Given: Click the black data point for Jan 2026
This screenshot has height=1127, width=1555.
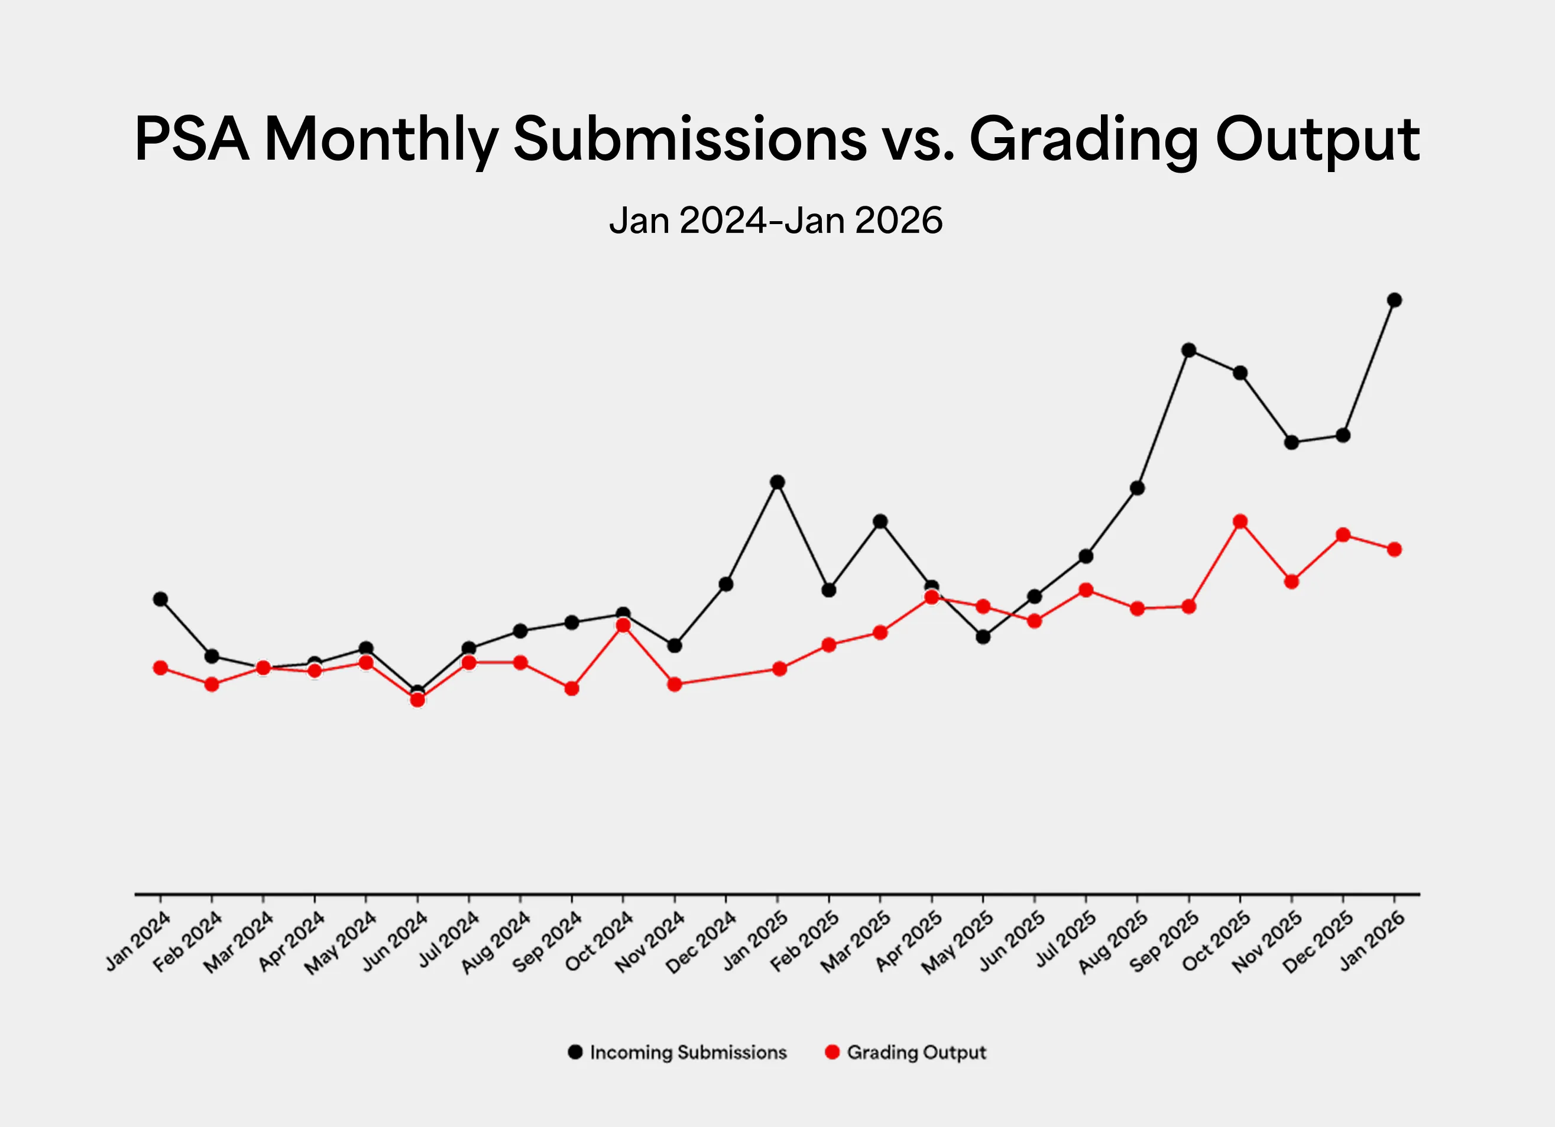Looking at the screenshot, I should (1394, 300).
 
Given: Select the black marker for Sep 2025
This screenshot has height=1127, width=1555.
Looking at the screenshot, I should (1189, 350).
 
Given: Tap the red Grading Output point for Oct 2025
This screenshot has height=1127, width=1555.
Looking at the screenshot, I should (1240, 522).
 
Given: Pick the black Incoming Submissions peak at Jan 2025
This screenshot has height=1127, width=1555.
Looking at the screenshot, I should (777, 482).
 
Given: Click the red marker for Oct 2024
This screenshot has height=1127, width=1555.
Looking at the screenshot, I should (623, 625).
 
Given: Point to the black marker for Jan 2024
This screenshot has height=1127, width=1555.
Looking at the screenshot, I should (160, 599).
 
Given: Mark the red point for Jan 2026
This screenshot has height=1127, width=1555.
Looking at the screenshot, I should (1394, 549).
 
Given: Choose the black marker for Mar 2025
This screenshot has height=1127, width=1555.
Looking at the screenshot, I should (880, 522).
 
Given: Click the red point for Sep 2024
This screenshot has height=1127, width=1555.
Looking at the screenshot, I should (572, 688).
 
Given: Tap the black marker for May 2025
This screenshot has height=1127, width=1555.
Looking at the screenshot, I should (983, 637).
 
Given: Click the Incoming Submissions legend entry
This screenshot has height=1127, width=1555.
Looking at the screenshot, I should (678, 1052).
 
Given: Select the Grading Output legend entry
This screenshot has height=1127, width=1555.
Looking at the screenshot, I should (906, 1052).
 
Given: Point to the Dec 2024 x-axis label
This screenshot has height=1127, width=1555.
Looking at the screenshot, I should (701, 942).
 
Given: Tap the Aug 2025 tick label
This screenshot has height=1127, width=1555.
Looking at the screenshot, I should (1113, 942).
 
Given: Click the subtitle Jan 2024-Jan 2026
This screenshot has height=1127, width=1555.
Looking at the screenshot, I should (776, 221).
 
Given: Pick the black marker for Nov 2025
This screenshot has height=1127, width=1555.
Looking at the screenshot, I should (1291, 443).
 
